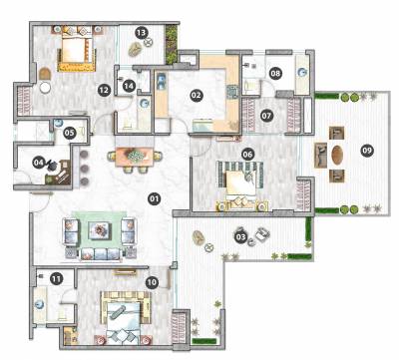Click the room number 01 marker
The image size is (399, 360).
[x=155, y=198]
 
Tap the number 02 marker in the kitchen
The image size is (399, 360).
[x=197, y=96]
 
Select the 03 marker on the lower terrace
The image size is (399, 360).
[x=240, y=236]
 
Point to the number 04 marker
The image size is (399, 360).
[x=40, y=162]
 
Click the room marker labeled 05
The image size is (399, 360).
[x=70, y=132]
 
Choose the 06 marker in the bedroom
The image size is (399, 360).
[x=247, y=155]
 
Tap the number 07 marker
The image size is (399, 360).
[x=267, y=115]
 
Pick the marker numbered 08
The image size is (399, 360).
[x=275, y=72]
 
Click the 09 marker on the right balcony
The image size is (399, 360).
[x=367, y=151]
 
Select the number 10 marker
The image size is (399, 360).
[x=152, y=282]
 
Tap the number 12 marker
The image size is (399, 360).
[x=104, y=90]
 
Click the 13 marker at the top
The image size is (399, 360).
[x=142, y=34]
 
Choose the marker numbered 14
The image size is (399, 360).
[x=129, y=86]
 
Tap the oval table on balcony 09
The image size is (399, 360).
[x=336, y=156]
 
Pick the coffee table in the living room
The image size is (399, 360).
[x=101, y=229]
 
